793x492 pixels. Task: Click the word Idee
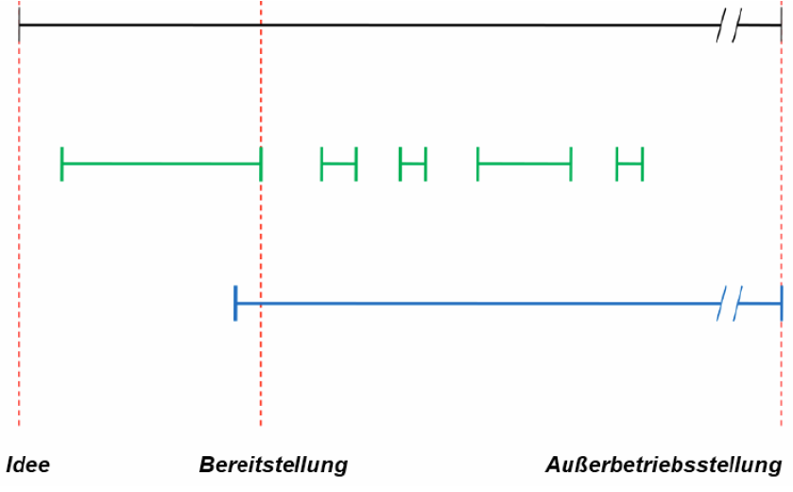(x=27, y=466)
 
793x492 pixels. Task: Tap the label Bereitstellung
(x=273, y=466)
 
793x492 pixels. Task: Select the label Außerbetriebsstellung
(x=664, y=466)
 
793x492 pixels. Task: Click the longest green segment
(x=161, y=164)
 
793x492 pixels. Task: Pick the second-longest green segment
(x=525, y=164)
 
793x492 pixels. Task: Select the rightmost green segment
(x=629, y=164)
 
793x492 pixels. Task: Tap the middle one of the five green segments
(x=413, y=164)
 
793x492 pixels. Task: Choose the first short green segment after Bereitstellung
(x=339, y=164)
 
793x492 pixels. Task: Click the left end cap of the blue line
(x=235, y=304)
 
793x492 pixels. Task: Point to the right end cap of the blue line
(x=782, y=304)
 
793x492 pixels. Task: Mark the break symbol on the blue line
(x=730, y=304)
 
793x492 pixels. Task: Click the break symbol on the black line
(x=728, y=25)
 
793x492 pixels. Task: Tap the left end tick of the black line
(x=19, y=25)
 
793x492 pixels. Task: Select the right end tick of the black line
(x=782, y=25)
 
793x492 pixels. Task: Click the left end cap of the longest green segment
(x=61, y=164)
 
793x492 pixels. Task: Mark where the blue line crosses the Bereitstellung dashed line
(x=261, y=304)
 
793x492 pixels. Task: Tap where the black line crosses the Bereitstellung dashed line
(x=261, y=25)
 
